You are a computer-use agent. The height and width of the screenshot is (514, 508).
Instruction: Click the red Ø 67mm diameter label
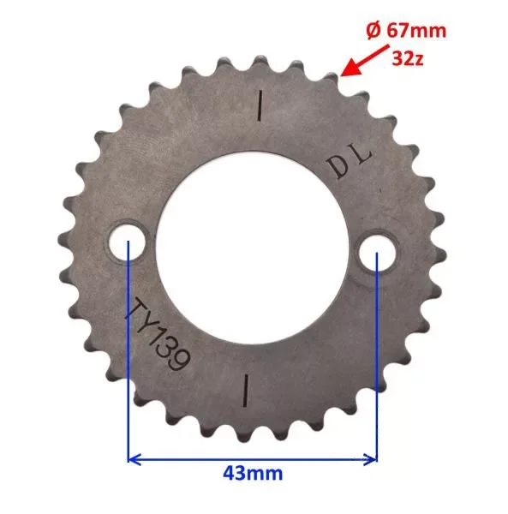point(406,31)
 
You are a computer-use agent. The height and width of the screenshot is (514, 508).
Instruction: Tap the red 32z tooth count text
point(408,58)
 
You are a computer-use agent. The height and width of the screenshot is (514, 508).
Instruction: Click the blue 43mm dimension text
point(253,474)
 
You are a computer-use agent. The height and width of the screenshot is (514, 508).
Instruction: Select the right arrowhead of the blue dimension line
point(370,459)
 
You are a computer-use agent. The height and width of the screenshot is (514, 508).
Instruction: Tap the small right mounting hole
point(377,252)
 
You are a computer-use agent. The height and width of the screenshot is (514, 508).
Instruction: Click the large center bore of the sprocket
point(252,248)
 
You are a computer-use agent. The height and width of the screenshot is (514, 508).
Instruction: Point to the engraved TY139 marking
point(158,334)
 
